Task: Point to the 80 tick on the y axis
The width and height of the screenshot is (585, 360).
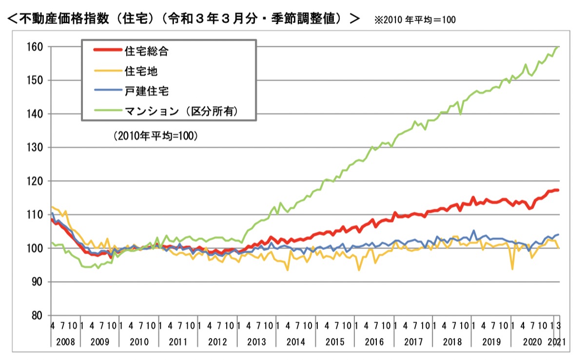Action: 37,315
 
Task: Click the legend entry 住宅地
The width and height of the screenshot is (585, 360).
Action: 141,71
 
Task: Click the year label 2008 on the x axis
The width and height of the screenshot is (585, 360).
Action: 65,341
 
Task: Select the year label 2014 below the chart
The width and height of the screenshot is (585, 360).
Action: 295,341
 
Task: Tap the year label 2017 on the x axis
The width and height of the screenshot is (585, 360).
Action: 413,341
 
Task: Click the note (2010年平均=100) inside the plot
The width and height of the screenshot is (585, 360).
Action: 155,137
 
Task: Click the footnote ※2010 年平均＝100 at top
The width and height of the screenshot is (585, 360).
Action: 415,20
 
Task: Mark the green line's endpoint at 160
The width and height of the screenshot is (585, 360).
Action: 558,47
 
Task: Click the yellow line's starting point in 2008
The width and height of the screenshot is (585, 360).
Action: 52,207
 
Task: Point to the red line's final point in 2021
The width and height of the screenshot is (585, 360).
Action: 558,190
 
